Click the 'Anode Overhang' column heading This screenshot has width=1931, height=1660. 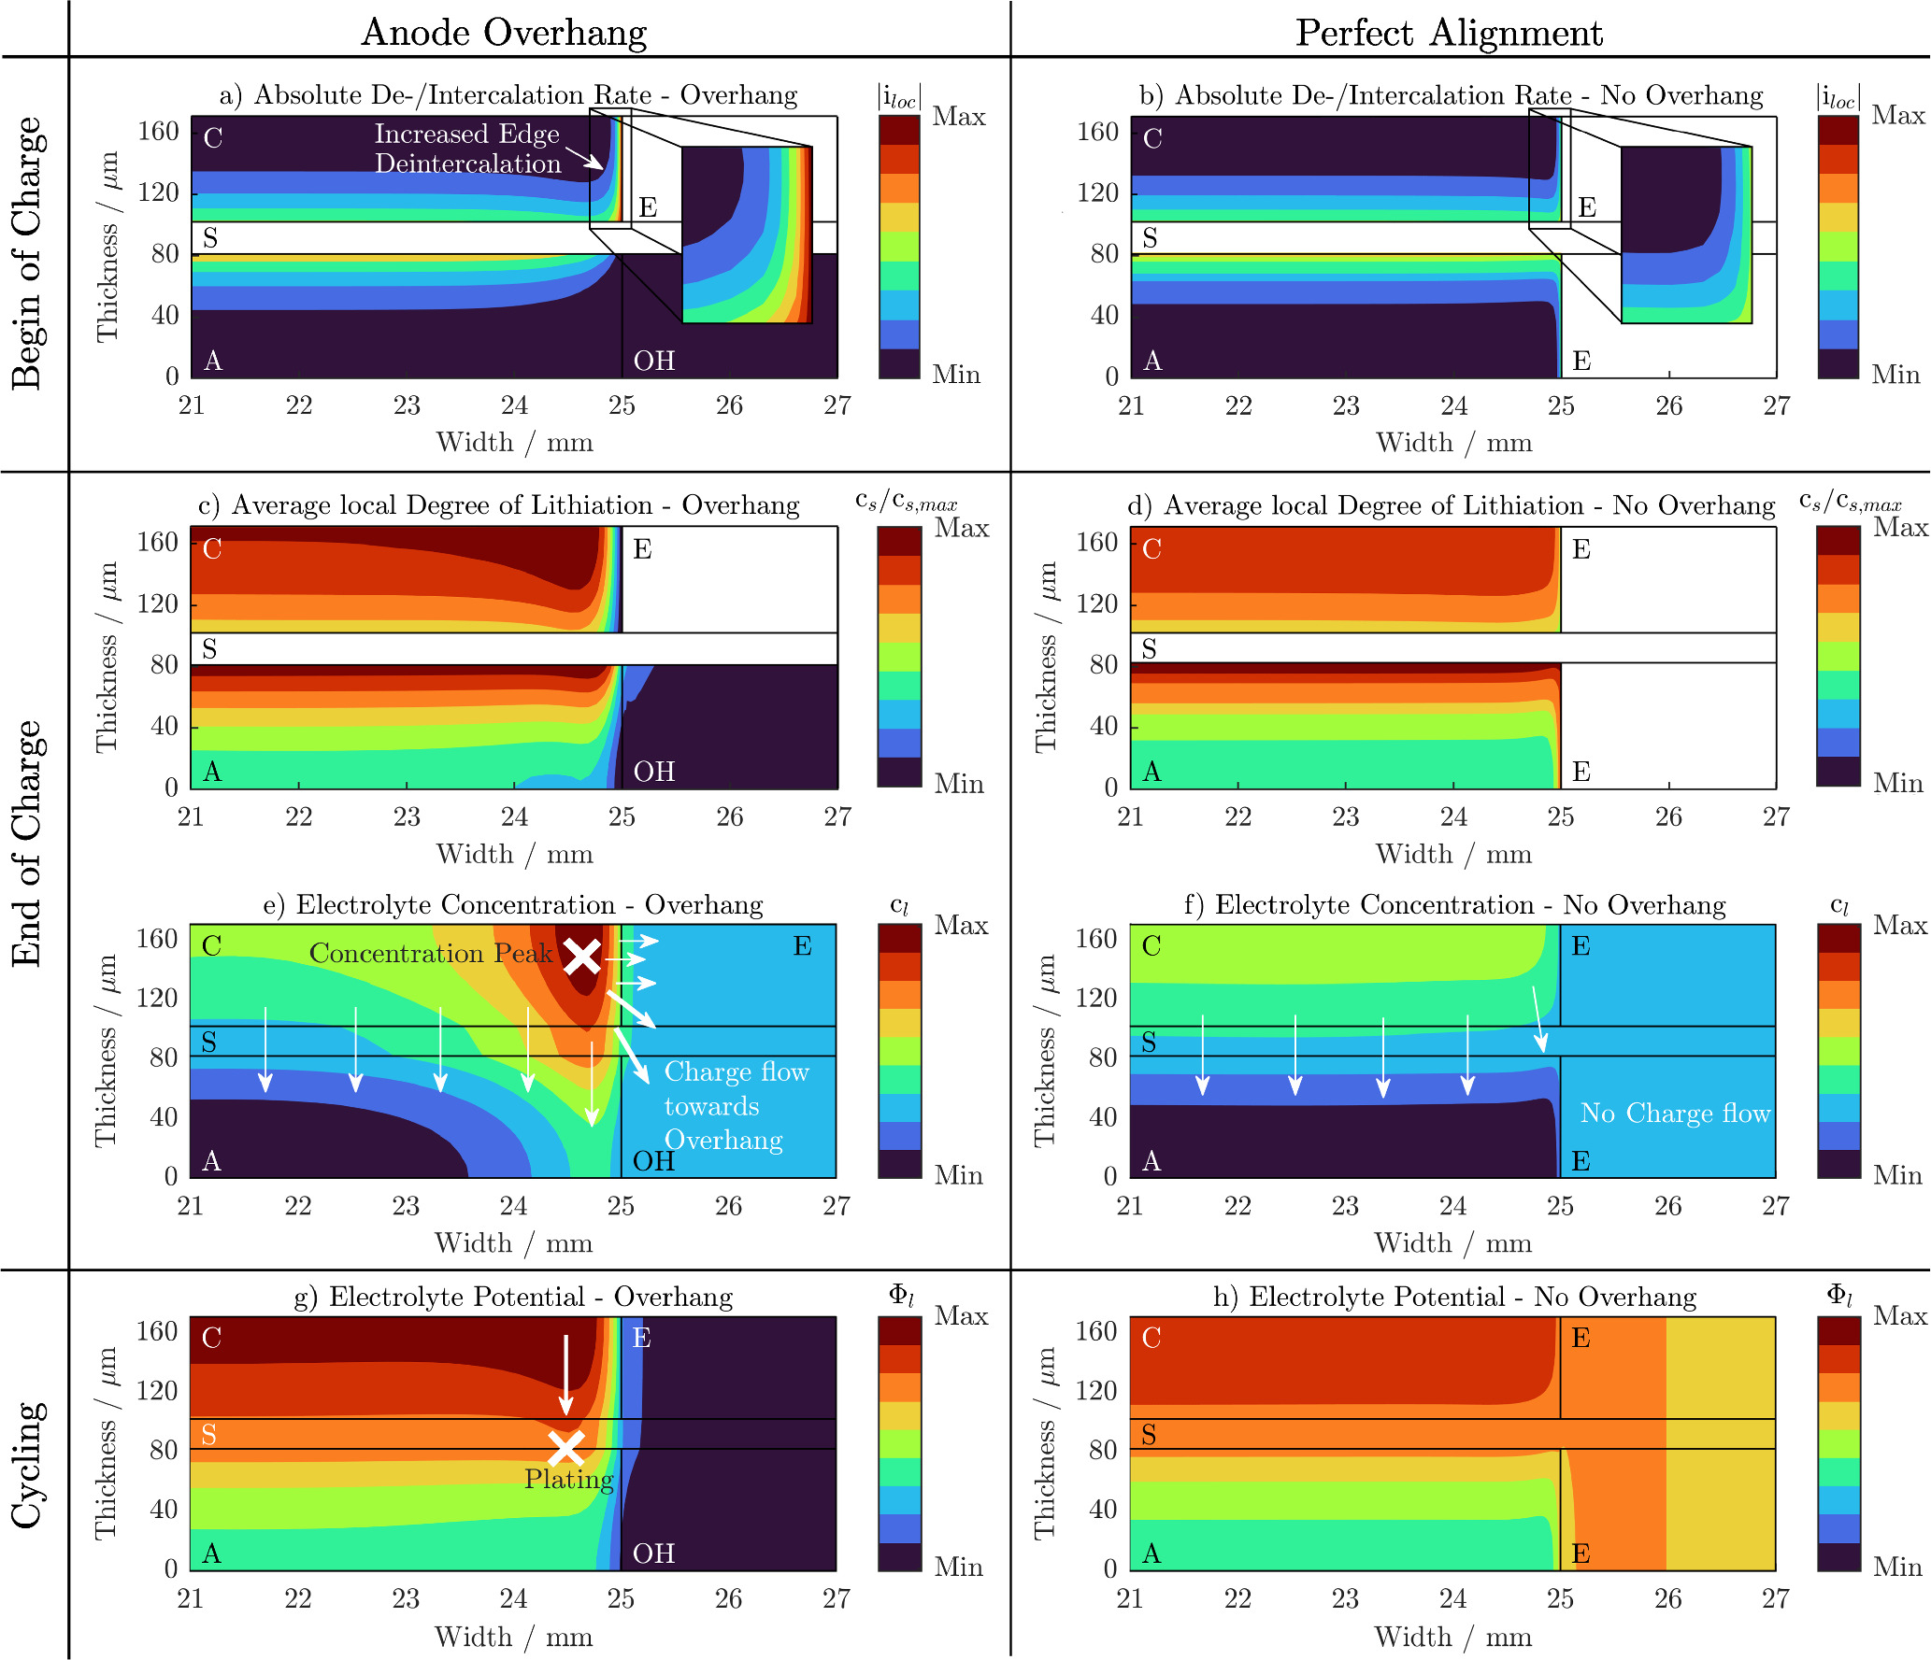click(504, 33)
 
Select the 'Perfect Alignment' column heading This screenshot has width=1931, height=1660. click(1448, 33)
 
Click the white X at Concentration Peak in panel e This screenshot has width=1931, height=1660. click(581, 957)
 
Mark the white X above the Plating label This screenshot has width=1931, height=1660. click(565, 1449)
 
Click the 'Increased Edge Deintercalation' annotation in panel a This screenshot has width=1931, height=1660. click(467, 149)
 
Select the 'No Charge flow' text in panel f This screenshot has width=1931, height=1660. click(1675, 1114)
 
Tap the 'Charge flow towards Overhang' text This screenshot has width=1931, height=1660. click(735, 1106)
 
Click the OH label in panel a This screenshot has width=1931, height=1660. click(653, 361)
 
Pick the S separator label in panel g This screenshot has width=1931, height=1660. click(209, 1434)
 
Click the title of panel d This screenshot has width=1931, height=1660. click(1451, 505)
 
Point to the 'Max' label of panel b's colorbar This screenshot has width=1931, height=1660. click(1898, 116)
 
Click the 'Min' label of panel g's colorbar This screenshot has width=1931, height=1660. click(958, 1567)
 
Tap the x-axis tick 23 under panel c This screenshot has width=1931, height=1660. click(406, 816)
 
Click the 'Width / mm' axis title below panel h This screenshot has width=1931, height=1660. click(1452, 1636)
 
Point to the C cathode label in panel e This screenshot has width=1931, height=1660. click(212, 946)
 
